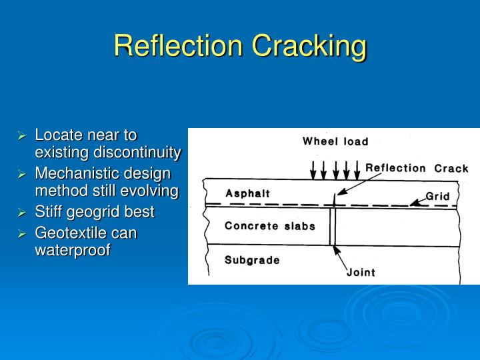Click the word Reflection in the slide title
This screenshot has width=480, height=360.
[x=178, y=46]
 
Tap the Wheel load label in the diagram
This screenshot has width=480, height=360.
[x=335, y=141]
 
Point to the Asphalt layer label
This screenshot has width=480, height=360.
[x=247, y=193]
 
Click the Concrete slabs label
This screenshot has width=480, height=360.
[x=270, y=225]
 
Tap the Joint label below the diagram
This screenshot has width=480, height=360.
[x=361, y=272]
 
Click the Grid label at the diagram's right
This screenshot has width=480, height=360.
[x=438, y=197]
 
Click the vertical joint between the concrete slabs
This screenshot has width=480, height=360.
[x=332, y=227]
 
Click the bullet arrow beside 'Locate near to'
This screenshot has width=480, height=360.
[x=21, y=136]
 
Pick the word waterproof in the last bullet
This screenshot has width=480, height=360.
[x=72, y=250]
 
